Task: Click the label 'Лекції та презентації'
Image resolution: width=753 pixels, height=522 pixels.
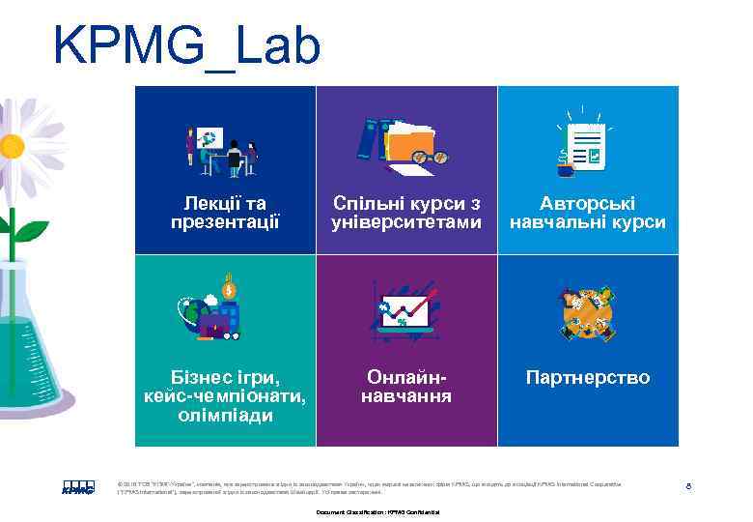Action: [225, 213]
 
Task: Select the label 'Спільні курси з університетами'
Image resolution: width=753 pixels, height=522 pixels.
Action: [405, 213]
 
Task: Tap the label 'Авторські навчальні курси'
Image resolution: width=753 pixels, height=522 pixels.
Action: [587, 213]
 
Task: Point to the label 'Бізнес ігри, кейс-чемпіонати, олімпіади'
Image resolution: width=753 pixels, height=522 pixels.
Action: [225, 395]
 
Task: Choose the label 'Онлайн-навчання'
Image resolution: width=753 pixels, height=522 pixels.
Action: [405, 386]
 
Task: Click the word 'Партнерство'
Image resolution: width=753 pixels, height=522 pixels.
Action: [587, 376]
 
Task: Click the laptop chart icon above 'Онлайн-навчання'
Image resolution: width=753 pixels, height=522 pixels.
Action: [404, 309]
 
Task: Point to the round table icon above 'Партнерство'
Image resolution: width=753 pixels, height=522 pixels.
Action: [587, 311]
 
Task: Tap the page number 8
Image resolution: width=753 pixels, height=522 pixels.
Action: [687, 485]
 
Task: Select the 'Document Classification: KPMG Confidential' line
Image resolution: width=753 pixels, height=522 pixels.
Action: [377, 511]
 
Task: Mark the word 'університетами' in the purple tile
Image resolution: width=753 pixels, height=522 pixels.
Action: [405, 222]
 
